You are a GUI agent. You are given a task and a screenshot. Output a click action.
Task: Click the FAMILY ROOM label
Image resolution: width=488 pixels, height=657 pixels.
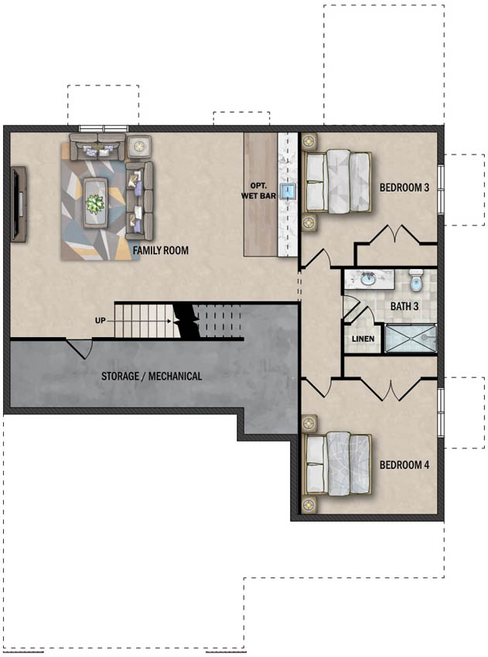point(161,250)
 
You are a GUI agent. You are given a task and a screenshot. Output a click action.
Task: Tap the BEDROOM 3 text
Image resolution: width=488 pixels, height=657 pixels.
point(404,187)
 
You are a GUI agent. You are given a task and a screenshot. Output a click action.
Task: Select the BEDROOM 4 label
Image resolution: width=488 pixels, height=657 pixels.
point(404,465)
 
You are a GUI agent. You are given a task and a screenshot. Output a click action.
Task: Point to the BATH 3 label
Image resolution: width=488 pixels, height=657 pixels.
point(404,306)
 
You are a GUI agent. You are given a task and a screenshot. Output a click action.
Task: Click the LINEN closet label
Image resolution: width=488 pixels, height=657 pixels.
point(363,339)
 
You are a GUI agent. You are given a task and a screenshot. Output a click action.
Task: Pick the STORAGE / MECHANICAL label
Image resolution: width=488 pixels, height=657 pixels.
point(152,376)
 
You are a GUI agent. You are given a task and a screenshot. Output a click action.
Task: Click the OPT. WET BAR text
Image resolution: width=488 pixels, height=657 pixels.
point(258,191)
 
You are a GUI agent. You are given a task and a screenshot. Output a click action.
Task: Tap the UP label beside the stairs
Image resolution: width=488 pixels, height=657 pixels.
point(101,321)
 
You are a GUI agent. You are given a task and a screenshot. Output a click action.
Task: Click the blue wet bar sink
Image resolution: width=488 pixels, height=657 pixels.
point(288,192)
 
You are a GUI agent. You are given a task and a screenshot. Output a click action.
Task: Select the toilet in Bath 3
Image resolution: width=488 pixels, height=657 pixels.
point(416,281)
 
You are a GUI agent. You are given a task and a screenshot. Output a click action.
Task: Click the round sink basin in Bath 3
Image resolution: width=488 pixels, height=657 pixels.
point(369,280)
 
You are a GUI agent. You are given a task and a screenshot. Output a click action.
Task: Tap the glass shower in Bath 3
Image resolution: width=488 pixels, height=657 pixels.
point(411,338)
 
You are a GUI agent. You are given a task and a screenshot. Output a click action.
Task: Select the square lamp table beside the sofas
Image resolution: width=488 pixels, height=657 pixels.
point(138,146)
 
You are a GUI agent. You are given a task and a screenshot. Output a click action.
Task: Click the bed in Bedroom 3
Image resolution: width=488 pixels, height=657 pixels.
point(337,182)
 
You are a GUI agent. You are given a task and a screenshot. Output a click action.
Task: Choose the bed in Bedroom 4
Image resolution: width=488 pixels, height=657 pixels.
point(337,464)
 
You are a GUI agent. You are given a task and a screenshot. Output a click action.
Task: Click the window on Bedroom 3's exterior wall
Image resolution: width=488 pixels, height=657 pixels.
point(441,189)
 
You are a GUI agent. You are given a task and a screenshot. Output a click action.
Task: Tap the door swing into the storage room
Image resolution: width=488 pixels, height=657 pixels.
point(80,348)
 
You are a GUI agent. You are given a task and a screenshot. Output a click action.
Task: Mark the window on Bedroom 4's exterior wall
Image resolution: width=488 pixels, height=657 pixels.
point(441,412)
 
